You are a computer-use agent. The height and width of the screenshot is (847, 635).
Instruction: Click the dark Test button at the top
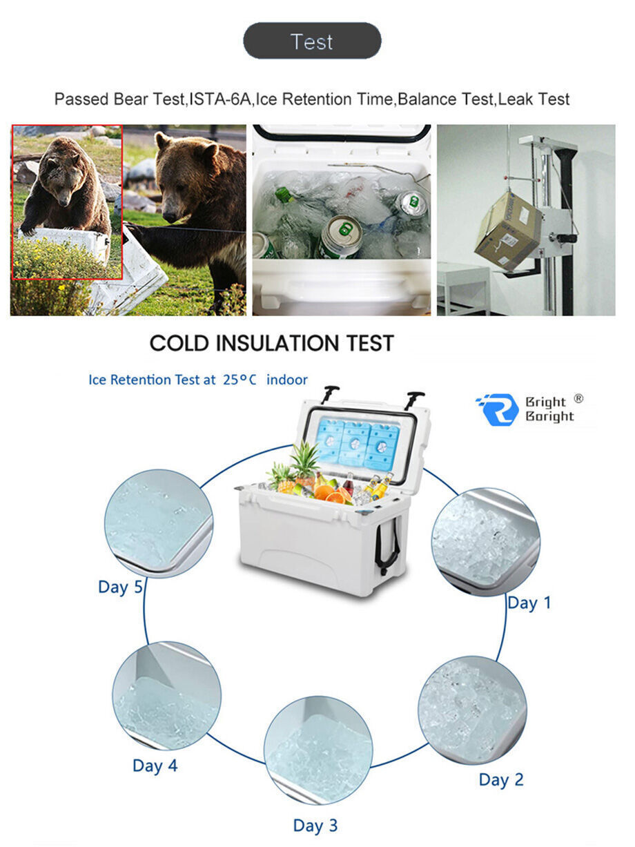(x=312, y=41)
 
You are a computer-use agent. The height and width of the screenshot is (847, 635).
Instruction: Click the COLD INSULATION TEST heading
(x=272, y=343)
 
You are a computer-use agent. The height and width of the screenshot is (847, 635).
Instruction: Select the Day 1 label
(x=529, y=603)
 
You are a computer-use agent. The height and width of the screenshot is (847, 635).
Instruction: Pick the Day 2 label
(x=501, y=780)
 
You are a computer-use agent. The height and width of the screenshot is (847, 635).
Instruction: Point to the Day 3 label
(x=315, y=826)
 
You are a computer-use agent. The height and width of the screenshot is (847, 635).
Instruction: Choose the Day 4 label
(x=155, y=766)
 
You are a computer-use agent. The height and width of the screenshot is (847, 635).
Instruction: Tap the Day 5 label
(x=120, y=587)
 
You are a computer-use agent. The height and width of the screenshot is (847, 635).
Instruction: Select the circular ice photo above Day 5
(x=158, y=523)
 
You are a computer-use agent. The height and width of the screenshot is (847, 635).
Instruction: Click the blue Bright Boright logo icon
(x=496, y=409)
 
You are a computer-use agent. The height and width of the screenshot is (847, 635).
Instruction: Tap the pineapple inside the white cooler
(x=304, y=460)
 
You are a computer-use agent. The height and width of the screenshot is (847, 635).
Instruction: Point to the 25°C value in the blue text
(x=240, y=380)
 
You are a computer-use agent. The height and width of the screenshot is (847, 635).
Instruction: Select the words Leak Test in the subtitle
(x=534, y=99)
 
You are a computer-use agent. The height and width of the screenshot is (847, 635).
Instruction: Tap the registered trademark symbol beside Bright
(x=578, y=398)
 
